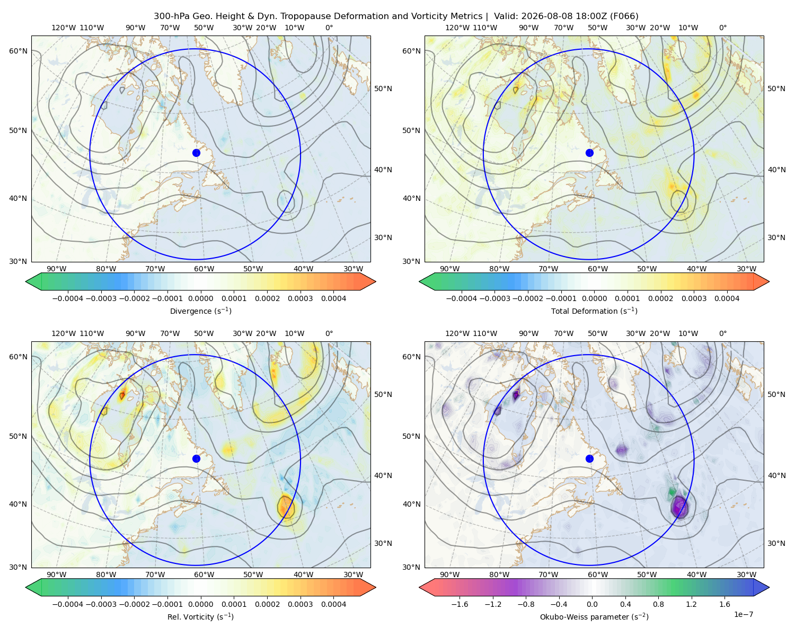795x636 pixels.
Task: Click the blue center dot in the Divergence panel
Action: coord(196,153)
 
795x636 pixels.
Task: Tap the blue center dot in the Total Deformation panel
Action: coord(589,153)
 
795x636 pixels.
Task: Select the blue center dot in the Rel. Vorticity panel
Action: coord(196,458)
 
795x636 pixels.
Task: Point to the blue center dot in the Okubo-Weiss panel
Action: coord(589,458)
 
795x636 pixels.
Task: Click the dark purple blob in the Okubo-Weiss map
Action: coord(679,507)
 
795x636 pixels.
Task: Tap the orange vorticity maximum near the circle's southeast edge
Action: coord(286,506)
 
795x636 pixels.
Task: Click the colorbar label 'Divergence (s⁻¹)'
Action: coord(200,311)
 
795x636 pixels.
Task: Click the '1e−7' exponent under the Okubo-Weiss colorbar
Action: coord(743,614)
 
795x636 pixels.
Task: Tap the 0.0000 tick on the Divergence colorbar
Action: coord(200,298)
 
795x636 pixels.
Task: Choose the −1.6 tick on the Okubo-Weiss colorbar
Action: coord(460,604)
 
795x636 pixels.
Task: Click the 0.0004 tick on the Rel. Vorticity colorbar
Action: coord(333,604)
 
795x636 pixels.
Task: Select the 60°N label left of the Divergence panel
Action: coord(18,51)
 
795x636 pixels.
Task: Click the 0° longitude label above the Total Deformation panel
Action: coord(722,28)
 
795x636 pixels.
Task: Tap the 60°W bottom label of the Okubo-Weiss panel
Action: coord(597,575)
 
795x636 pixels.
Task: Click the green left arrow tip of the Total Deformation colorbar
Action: coord(419,281)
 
